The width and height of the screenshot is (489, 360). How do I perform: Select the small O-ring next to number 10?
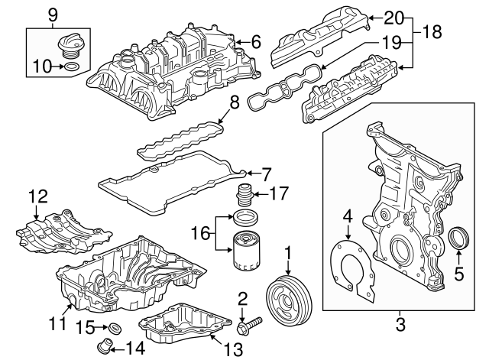[x=70, y=68]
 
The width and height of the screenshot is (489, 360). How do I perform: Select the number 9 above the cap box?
[x=53, y=14]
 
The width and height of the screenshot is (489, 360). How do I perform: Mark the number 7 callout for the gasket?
[x=267, y=173]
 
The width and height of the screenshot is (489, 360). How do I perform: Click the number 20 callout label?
[x=392, y=17]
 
